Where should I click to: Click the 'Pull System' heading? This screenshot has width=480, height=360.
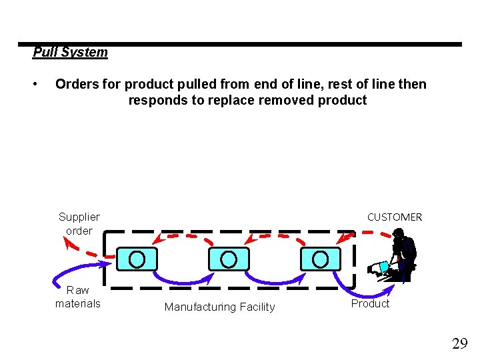[70, 52]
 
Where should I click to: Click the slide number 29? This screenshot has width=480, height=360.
[459, 344]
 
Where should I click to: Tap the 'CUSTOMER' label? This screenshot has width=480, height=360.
[395, 217]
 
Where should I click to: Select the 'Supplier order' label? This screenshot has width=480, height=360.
[79, 223]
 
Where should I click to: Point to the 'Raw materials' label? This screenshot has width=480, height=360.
[78, 297]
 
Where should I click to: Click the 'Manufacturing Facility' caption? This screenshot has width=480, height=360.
[219, 307]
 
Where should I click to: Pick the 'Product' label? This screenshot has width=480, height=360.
[370, 303]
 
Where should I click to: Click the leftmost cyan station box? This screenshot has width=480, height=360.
[137, 258]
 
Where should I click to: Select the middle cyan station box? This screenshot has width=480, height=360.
[229, 258]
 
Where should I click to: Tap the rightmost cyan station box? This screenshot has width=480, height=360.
[320, 258]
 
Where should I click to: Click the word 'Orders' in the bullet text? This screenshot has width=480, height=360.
[77, 85]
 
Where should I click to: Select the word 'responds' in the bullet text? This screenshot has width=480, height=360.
[154, 101]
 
